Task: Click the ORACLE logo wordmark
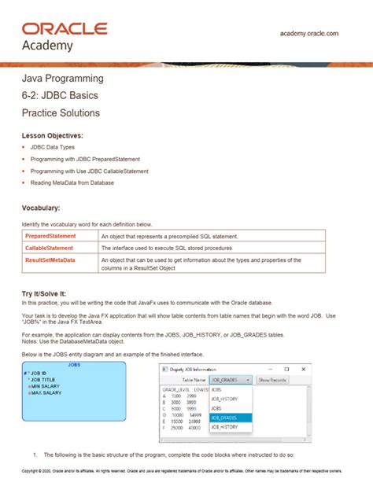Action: coord(64,28)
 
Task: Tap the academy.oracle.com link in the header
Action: coord(309,33)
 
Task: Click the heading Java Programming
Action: coord(62,79)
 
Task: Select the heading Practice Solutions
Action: coord(61,112)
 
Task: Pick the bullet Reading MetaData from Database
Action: coord(72,182)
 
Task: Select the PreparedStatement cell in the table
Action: coord(50,236)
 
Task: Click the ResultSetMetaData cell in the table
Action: coord(50,260)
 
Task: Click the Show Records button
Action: coord(272,379)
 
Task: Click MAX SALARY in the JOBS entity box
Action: coord(49,392)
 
